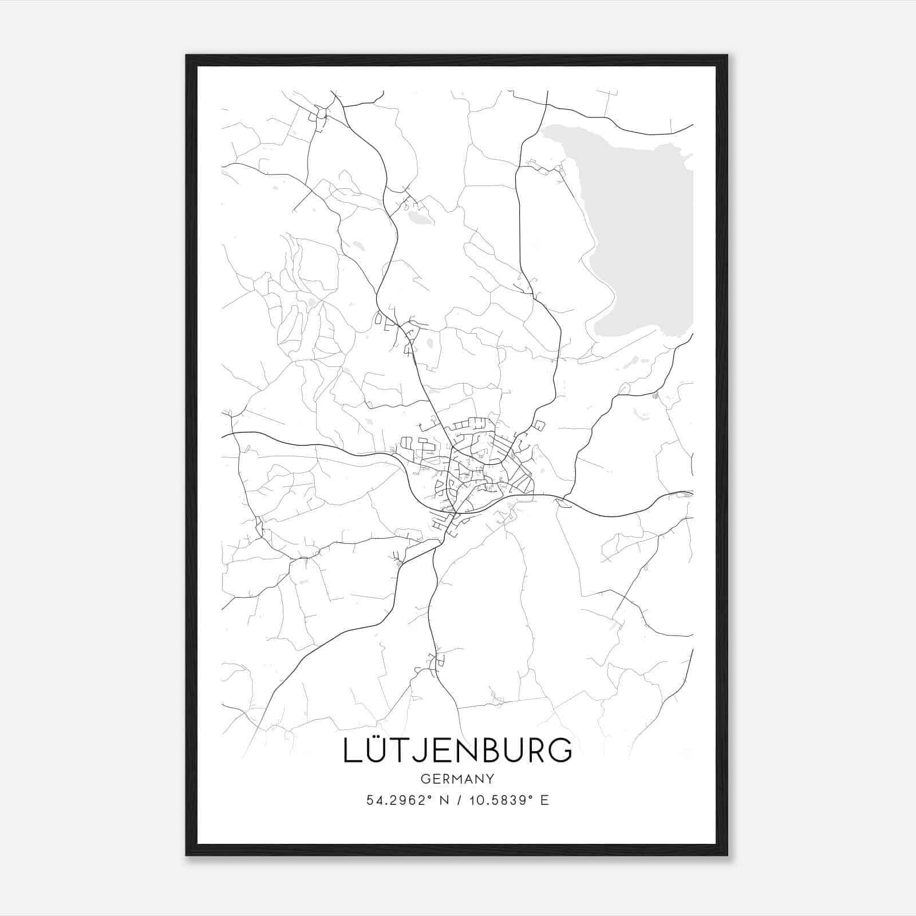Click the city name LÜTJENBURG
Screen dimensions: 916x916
click(x=457, y=750)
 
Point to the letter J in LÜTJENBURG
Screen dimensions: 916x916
click(x=422, y=751)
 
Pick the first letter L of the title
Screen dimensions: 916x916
click(x=352, y=751)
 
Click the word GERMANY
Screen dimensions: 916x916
click(x=457, y=779)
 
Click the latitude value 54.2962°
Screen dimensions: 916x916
click(x=399, y=800)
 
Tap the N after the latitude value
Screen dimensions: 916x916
click(x=444, y=800)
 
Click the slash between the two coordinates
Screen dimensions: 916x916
click(x=458, y=800)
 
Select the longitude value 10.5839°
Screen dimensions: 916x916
click(x=500, y=800)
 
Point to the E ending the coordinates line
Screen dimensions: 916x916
click(x=545, y=800)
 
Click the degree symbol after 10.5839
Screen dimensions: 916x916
click(x=532, y=797)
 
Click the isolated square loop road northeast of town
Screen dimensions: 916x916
click(x=539, y=425)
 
